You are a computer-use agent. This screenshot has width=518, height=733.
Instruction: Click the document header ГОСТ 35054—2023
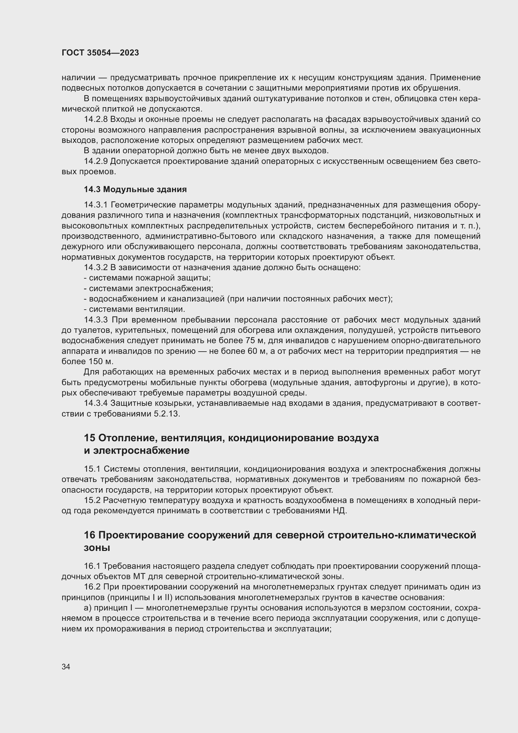click(x=100, y=53)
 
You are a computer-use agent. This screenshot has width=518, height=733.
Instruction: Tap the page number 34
click(x=66, y=667)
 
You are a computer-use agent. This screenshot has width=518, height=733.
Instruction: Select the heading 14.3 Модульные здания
click(x=135, y=189)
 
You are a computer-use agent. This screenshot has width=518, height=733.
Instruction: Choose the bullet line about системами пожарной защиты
click(x=148, y=278)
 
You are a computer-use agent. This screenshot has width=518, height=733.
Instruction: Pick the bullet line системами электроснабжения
click(x=149, y=289)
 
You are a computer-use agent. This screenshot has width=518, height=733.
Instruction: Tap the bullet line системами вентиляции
click(x=135, y=309)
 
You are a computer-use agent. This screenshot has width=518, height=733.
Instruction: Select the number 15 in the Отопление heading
click(x=90, y=438)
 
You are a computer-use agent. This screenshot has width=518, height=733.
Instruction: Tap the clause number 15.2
click(x=92, y=500)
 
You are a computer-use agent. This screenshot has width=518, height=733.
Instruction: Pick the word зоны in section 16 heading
click(x=97, y=547)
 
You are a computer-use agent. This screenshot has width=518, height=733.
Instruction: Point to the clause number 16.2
click(x=92, y=587)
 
